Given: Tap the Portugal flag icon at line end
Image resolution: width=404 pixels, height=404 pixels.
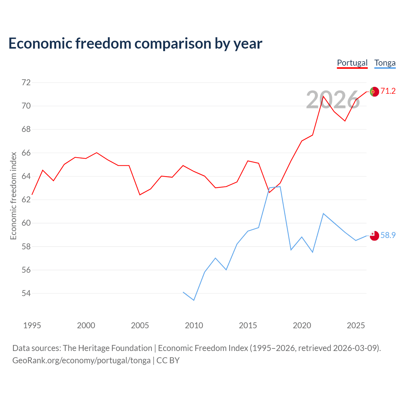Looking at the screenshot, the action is click(374, 92).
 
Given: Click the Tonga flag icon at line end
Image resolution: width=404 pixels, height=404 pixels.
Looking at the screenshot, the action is click(374, 236).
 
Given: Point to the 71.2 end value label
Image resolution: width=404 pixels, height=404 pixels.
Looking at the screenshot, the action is click(388, 91).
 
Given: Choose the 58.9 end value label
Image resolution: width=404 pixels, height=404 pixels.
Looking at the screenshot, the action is click(388, 235).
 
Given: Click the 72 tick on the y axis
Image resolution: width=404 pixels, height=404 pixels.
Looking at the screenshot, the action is click(26, 82).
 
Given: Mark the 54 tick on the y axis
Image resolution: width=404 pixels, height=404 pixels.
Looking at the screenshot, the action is click(26, 293).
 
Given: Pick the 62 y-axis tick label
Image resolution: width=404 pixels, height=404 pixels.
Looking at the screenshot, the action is click(26, 199).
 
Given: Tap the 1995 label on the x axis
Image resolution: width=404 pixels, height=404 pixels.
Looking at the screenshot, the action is click(32, 325).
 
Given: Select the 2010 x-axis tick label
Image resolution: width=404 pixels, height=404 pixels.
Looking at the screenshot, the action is click(194, 325).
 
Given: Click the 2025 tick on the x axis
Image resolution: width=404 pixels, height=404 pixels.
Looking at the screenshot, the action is click(356, 325).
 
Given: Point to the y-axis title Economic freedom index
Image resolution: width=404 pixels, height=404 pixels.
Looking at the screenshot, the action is click(14, 196).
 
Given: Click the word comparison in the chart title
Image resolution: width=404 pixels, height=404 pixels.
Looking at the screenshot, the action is click(173, 44).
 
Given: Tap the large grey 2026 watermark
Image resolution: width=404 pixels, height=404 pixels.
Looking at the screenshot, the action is click(333, 100).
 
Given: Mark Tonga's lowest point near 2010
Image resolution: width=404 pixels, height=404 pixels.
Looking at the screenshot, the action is click(194, 300).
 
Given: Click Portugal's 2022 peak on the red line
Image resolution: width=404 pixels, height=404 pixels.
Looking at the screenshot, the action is click(323, 96).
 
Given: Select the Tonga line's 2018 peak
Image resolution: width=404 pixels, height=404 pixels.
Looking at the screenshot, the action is click(280, 187).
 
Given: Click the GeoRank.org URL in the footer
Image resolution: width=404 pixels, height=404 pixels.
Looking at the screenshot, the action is click(81, 361).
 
